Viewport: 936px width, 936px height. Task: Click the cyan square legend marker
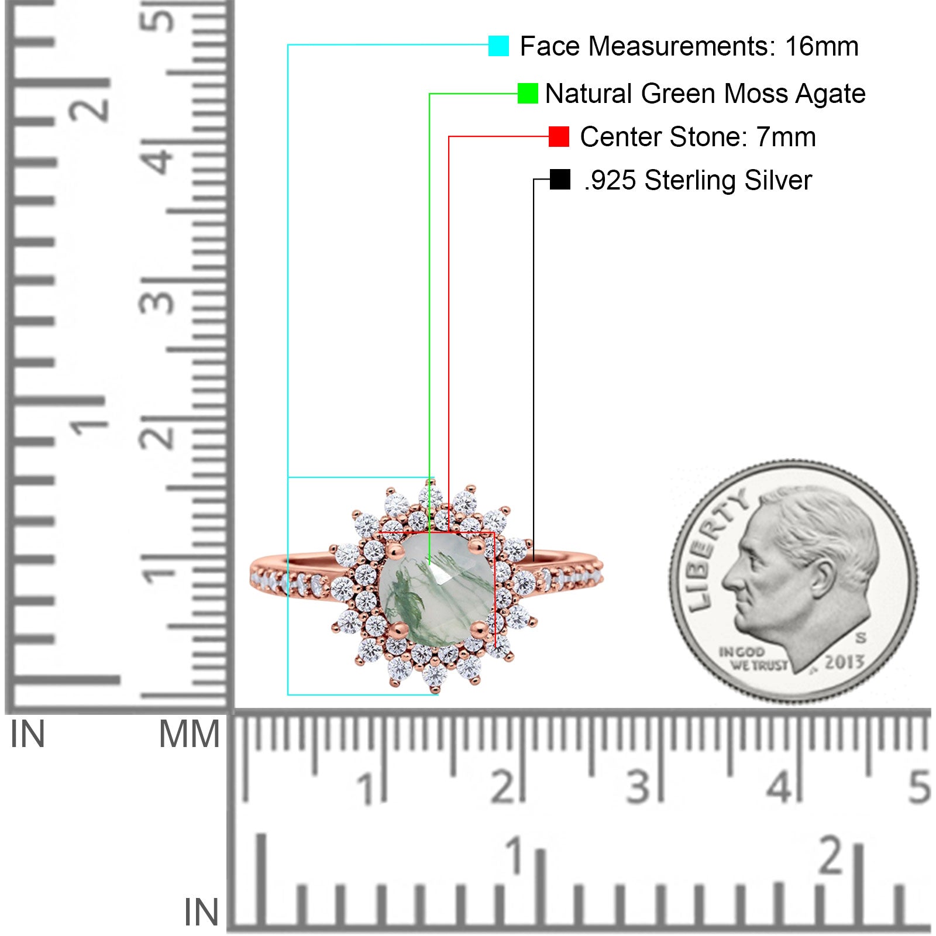pos(498,46)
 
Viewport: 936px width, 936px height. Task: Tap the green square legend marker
pos(528,94)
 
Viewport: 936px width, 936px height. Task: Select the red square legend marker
pos(559,137)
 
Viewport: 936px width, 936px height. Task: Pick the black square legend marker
pos(560,180)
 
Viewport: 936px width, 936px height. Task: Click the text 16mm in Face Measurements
pos(821,46)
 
